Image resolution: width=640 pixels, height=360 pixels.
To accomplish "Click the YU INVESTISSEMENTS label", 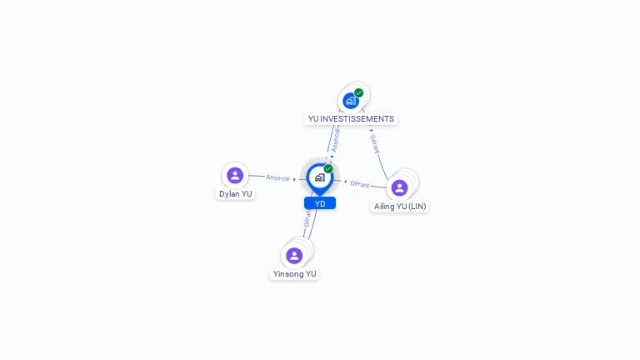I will point(351,118).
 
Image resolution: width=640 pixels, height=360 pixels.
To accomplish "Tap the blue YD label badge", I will point(320,203).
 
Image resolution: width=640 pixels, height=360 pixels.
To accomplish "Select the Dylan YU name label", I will point(235,193).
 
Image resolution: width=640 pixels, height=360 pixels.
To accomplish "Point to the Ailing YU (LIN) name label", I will point(400,206).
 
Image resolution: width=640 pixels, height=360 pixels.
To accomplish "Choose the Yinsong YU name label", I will point(294,273).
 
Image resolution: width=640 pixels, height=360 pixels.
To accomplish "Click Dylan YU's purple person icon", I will point(235,175).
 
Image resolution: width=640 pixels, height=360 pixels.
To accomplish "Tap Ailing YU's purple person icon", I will point(400,187).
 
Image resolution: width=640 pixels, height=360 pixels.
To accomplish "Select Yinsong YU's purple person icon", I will point(294,255).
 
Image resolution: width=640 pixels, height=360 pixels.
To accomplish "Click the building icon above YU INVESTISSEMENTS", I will point(351,101).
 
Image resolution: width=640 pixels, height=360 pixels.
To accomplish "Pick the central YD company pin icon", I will point(319,177).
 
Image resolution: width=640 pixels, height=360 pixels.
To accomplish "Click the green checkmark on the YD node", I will point(328,169).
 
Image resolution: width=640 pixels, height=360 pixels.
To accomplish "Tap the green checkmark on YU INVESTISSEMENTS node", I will point(359,93).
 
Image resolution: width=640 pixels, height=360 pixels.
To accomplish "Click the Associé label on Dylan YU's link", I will point(277,177).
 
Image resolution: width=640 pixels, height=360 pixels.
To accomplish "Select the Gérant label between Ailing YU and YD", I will point(359,183).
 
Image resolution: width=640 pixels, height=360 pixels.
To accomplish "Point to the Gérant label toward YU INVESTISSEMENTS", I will point(374,144).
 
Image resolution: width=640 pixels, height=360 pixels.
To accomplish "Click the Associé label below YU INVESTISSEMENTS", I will point(335,140).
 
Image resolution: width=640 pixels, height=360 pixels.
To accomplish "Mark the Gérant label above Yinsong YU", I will point(307,218).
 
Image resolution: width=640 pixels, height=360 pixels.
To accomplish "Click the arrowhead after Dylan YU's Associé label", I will point(294,179).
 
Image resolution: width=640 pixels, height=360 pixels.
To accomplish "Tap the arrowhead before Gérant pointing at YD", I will point(345,181).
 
